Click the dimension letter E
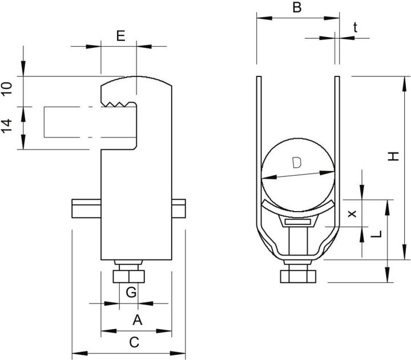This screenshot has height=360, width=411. [120, 36]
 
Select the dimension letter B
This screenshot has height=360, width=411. [296, 7]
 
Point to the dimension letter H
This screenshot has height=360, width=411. [393, 155]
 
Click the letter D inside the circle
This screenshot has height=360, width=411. [296, 163]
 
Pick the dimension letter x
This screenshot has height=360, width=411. [352, 213]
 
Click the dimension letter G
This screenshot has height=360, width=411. [131, 293]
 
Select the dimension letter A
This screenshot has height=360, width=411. [136, 320]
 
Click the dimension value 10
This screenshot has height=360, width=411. [6, 88]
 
